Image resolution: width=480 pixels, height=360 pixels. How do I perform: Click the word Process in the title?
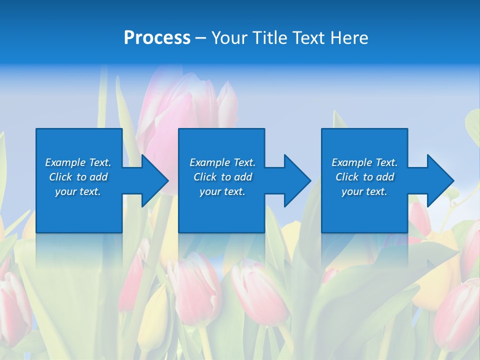coord(157,38)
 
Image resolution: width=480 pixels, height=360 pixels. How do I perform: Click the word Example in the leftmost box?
coord(65,162)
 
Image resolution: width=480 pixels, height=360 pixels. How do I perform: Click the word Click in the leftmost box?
coord(60,177)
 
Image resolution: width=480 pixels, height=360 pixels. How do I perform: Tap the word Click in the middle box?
coord(205,177)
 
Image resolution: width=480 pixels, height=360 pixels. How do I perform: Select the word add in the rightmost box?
coord(385,177)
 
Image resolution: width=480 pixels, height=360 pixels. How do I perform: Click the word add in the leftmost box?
coord(98,177)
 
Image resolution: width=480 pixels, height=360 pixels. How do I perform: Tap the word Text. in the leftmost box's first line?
coord(100,162)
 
